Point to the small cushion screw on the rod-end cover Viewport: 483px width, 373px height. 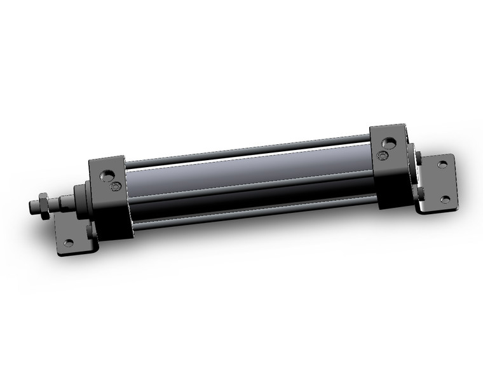(x=116, y=187)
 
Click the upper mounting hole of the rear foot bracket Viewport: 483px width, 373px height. (x=442, y=165)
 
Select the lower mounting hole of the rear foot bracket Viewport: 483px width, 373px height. (x=444, y=200)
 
